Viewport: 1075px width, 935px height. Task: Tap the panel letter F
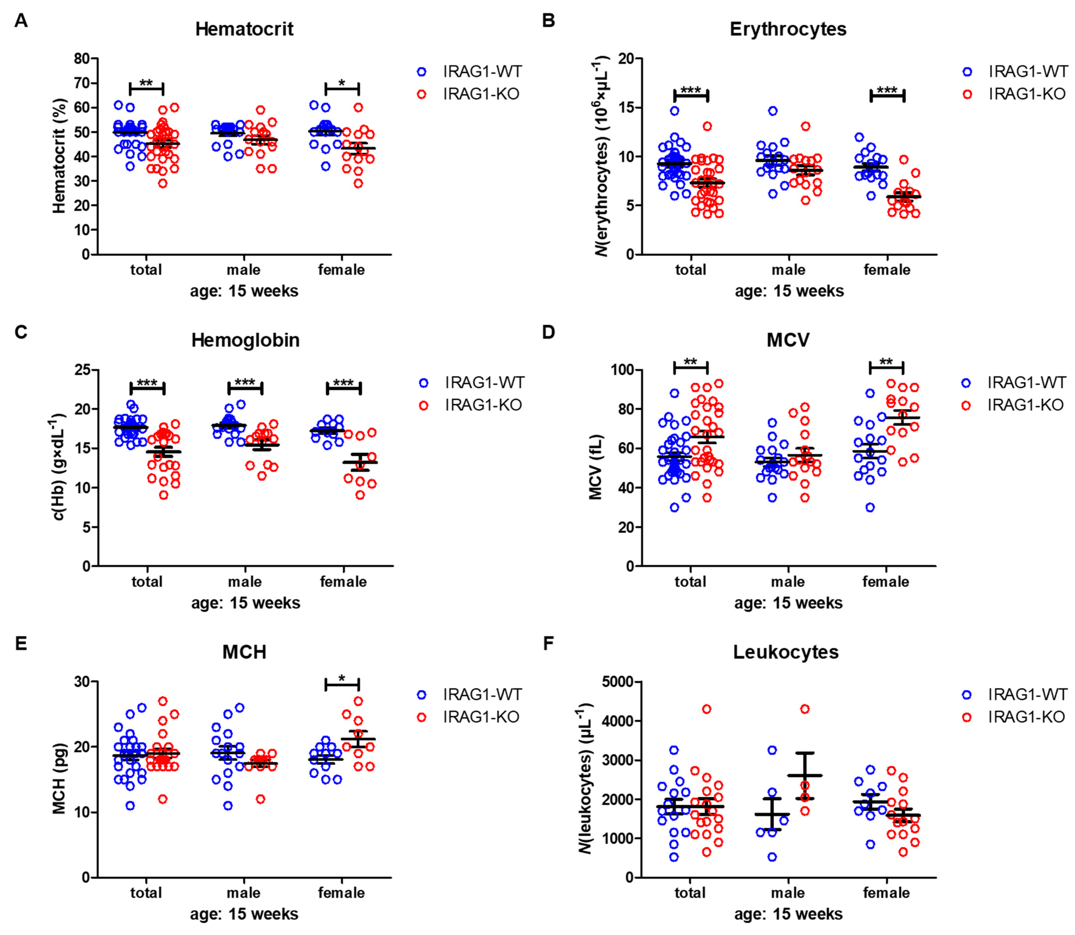click(548, 644)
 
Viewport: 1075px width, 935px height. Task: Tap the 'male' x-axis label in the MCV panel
click(788, 581)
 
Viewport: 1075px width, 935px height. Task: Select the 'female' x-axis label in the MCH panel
click(341, 893)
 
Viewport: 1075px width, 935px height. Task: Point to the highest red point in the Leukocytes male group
click(805, 709)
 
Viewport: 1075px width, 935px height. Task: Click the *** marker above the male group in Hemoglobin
click(244, 384)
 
